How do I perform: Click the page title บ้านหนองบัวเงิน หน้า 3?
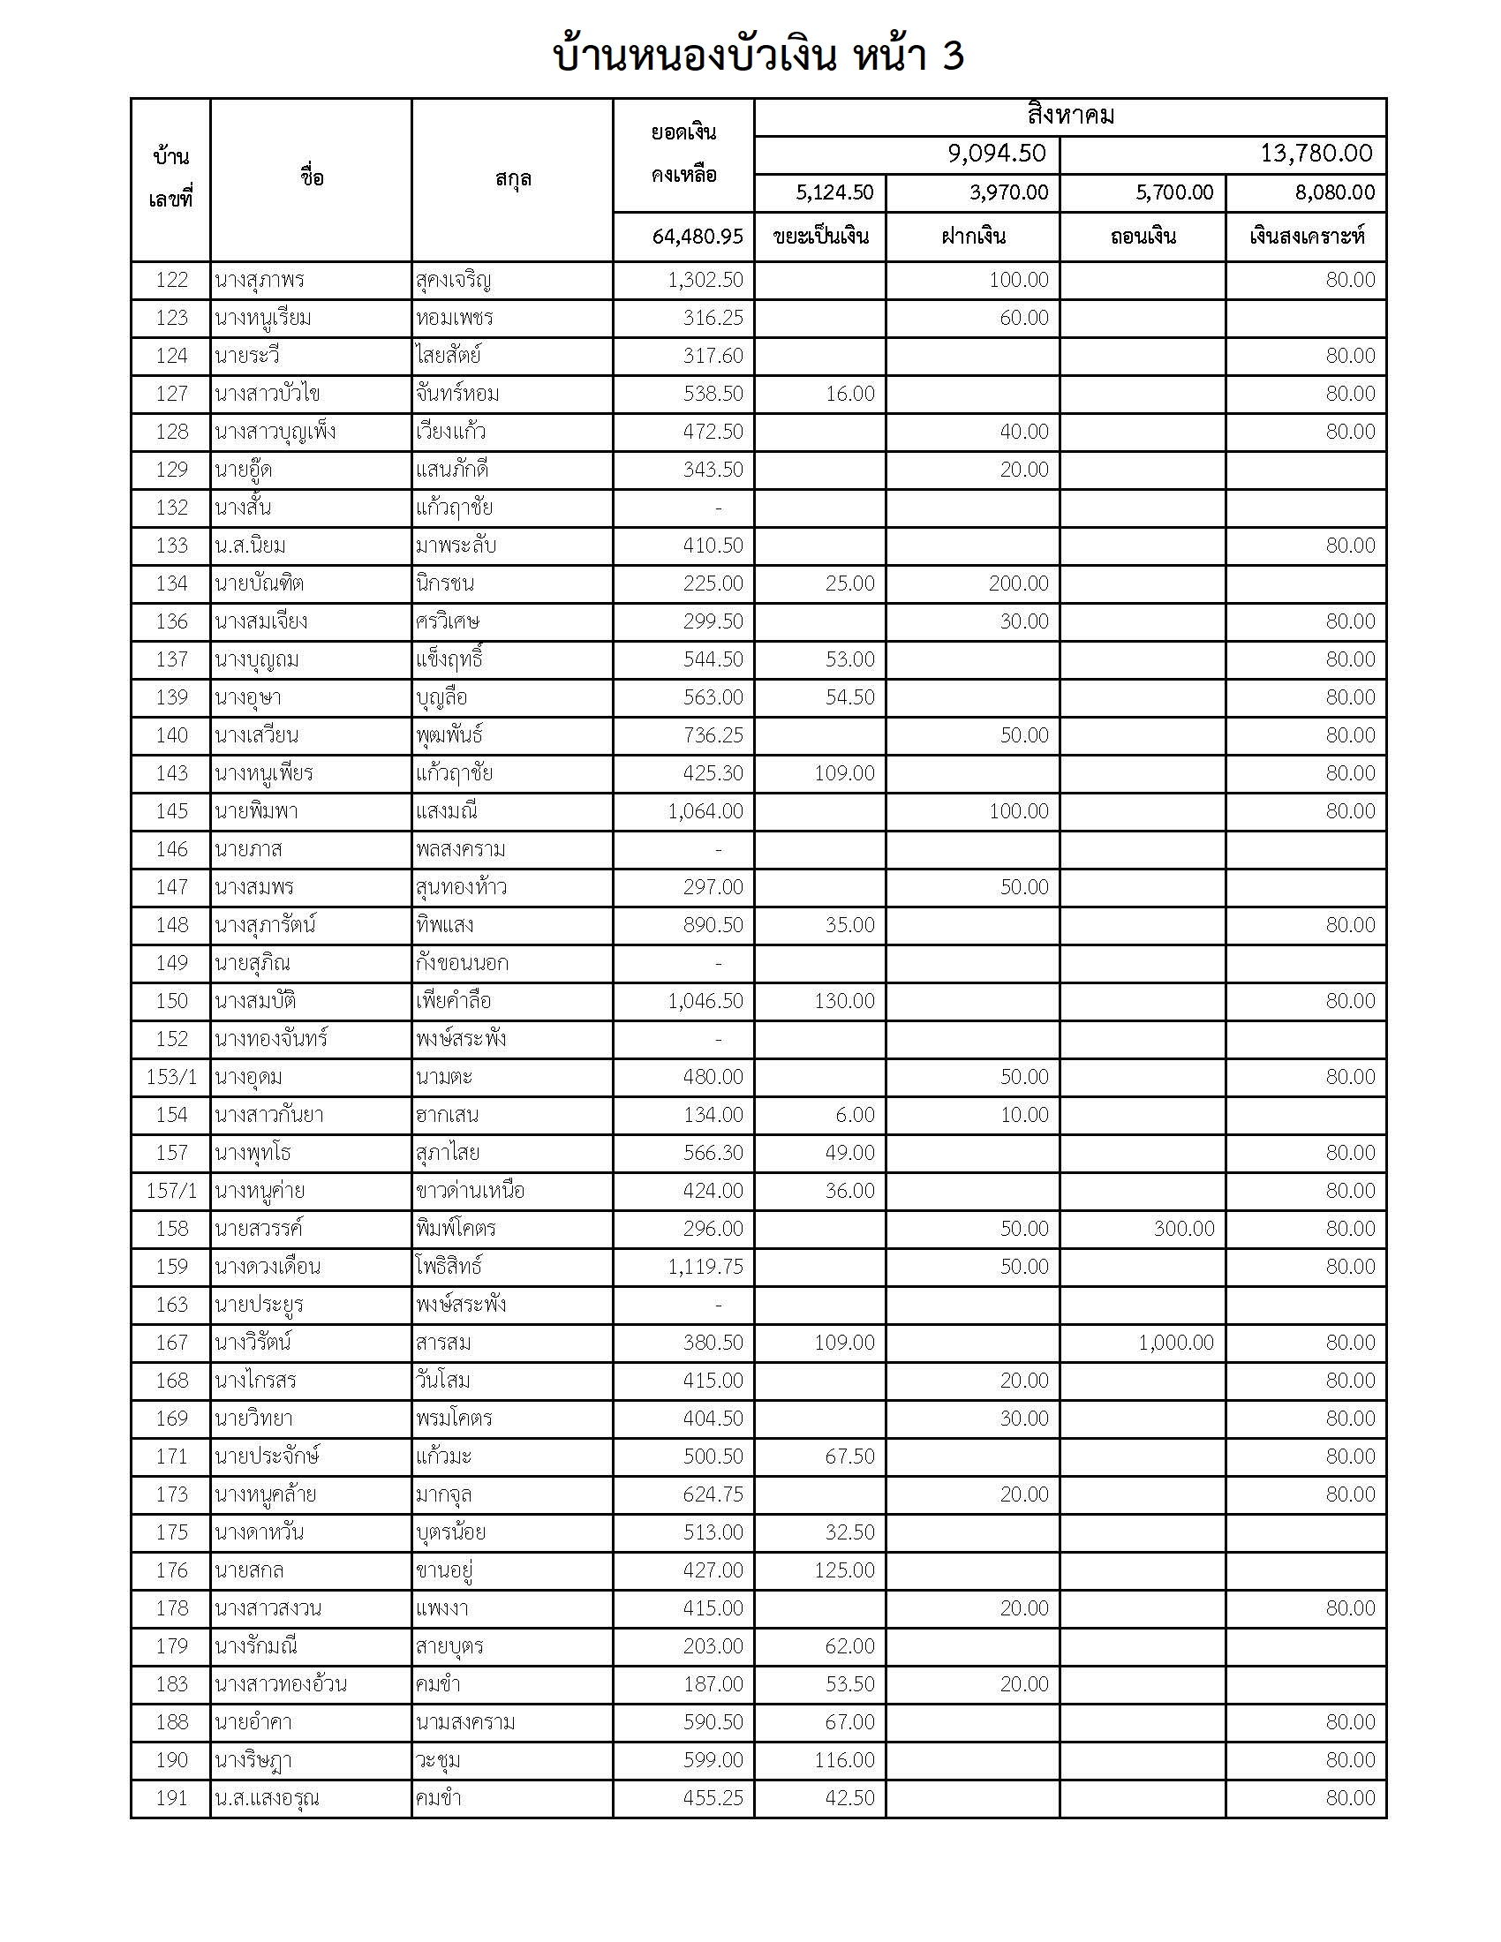point(758,56)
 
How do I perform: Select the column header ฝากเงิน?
point(973,237)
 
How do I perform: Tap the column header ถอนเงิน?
point(1143,237)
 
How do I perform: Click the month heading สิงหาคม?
point(1070,117)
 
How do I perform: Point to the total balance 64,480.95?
point(698,237)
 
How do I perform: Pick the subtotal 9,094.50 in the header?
point(996,154)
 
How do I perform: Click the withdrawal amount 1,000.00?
point(1175,1343)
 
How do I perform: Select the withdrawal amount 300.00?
point(1183,1229)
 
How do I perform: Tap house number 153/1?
point(171,1077)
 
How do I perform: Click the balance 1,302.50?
point(705,280)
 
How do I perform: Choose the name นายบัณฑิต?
point(259,583)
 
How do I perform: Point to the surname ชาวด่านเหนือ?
point(470,1191)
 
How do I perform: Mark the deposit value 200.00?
point(1018,583)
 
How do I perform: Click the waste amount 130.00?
point(844,1001)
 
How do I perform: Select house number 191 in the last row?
point(171,1798)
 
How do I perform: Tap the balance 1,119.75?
point(705,1266)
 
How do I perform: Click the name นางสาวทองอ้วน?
point(280,1684)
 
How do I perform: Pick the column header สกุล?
point(513,178)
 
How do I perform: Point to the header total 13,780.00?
point(1316,154)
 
